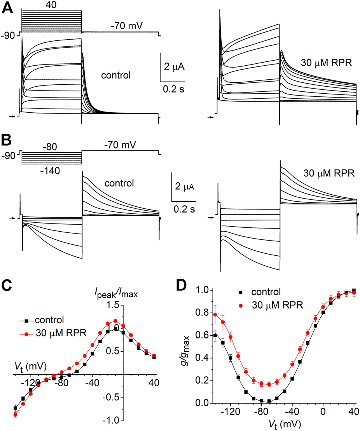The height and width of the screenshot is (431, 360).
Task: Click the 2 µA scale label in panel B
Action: [183, 187]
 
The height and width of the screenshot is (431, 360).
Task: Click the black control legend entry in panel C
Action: [43, 321]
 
